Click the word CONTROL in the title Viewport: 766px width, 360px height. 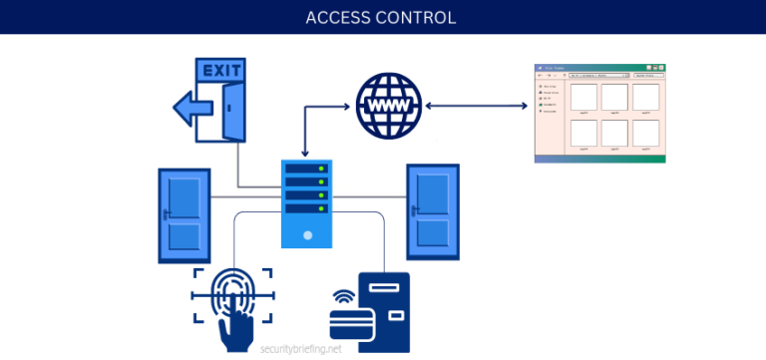point(419,18)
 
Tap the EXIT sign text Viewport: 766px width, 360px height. point(221,71)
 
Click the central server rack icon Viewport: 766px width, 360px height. point(305,203)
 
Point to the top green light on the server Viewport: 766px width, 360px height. point(321,169)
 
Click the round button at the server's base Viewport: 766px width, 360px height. point(305,234)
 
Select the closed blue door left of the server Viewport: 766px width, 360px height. point(184,215)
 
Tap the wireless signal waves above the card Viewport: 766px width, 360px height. point(342,295)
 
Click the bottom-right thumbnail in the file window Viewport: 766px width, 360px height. point(646,133)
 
